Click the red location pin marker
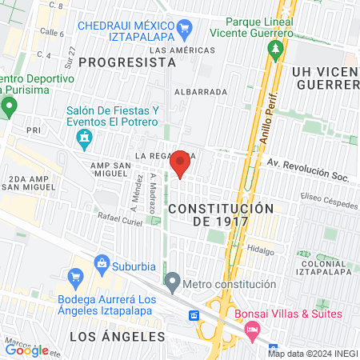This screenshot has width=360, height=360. click(x=180, y=164)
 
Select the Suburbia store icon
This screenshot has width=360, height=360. click(x=102, y=262)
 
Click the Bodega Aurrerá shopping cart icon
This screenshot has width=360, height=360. click(x=76, y=278)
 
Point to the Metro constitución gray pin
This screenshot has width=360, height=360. click(x=172, y=282)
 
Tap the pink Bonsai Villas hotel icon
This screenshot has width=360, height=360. click(x=252, y=329)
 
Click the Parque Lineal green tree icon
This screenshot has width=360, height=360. click(x=276, y=51)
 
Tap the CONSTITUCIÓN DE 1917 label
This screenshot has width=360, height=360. click(x=221, y=214)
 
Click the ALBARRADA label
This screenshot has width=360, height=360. click(x=201, y=92)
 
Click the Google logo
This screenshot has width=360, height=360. click(x=26, y=349)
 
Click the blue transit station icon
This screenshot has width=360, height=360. click(x=194, y=315)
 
